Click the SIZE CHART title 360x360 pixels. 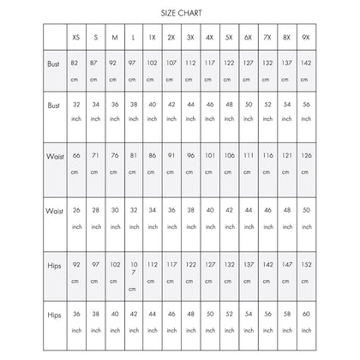pyautogui.click(x=179, y=14)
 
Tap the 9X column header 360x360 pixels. pyautogui.click(x=305, y=39)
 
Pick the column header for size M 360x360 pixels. pyautogui.click(x=116, y=39)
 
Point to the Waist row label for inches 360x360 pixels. pyautogui.click(x=54, y=209)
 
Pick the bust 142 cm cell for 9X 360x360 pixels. pyautogui.click(x=305, y=69)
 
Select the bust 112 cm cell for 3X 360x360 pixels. pyautogui.click(x=191, y=69)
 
